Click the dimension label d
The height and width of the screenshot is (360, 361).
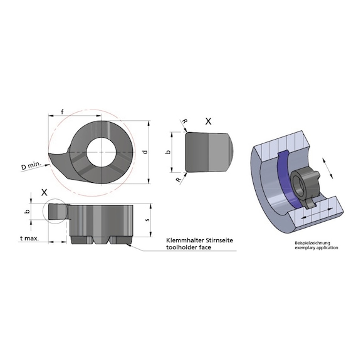point(145,152)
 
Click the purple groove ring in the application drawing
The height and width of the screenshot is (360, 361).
point(286,182)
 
